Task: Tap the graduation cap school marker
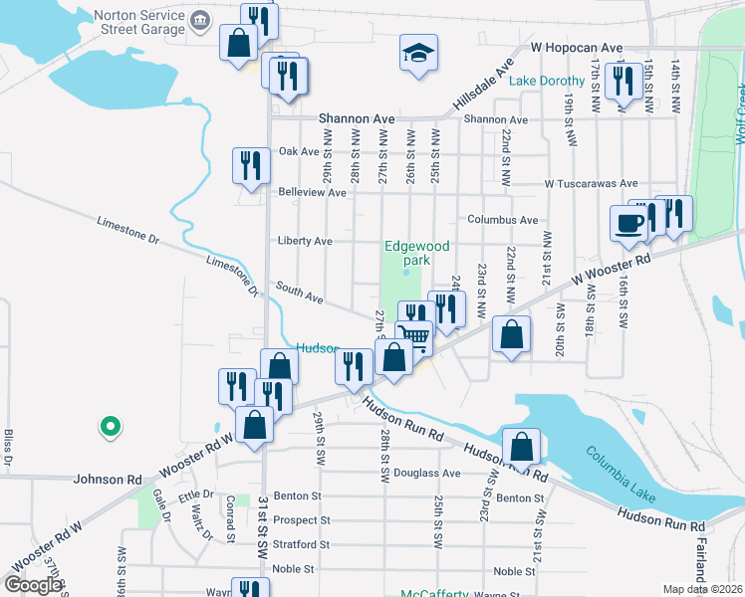pyautogui.click(x=419, y=54)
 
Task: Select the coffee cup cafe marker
pyautogui.click(x=629, y=223)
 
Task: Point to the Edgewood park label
pyautogui.click(x=417, y=253)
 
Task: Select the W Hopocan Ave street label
pyautogui.click(x=577, y=47)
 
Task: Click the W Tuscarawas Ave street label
pyautogui.click(x=591, y=183)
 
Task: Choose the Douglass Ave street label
pyautogui.click(x=426, y=474)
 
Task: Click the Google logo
pyautogui.click(x=33, y=585)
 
